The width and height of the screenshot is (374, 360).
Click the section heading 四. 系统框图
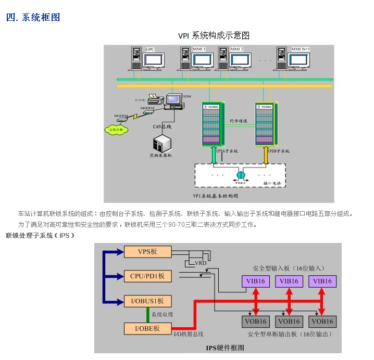point(33,18)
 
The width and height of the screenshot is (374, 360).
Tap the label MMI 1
point(200,49)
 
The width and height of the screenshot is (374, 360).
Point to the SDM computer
point(172,101)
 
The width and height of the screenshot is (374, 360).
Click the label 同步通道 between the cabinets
point(239,121)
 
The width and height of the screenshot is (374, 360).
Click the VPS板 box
point(147,252)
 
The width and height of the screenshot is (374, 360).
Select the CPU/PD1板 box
point(147,276)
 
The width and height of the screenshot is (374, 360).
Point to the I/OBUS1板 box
point(147,301)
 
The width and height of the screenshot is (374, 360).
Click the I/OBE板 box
point(147,328)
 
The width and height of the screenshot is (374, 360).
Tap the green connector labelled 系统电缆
point(147,315)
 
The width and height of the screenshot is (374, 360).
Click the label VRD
point(201,264)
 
